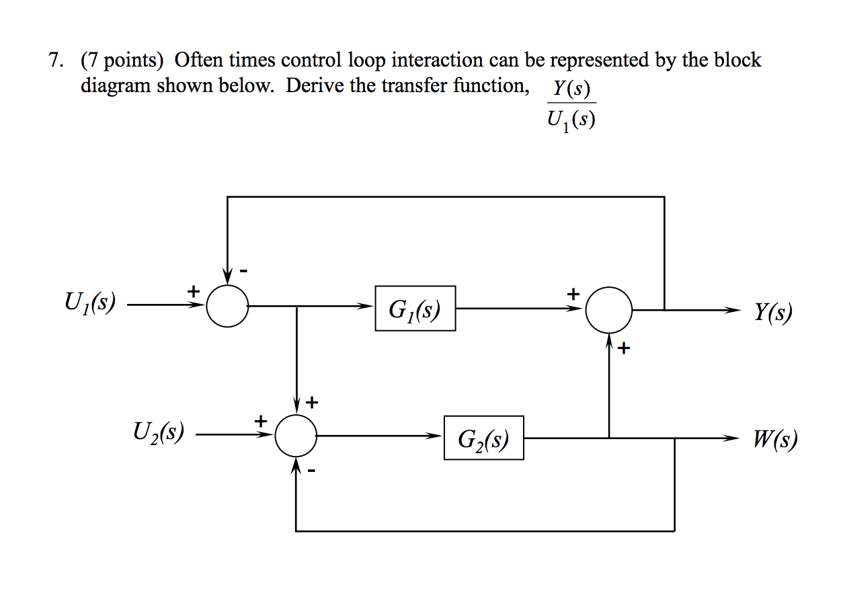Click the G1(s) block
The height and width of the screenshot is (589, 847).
(x=415, y=309)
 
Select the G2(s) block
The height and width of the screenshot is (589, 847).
(x=483, y=438)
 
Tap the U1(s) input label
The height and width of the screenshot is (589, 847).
(x=89, y=304)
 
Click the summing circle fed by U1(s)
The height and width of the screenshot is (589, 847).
(x=227, y=307)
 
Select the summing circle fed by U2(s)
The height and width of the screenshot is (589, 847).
(x=296, y=436)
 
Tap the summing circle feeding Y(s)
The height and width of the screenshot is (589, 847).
(x=608, y=310)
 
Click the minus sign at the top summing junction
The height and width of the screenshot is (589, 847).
(x=245, y=270)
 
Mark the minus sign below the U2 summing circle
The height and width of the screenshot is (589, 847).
(x=311, y=471)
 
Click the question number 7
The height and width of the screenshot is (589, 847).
(x=54, y=61)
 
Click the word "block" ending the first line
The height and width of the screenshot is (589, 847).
(x=737, y=61)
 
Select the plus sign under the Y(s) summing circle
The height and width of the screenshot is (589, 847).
(x=624, y=348)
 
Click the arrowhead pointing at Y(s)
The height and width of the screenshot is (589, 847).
(x=734, y=311)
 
